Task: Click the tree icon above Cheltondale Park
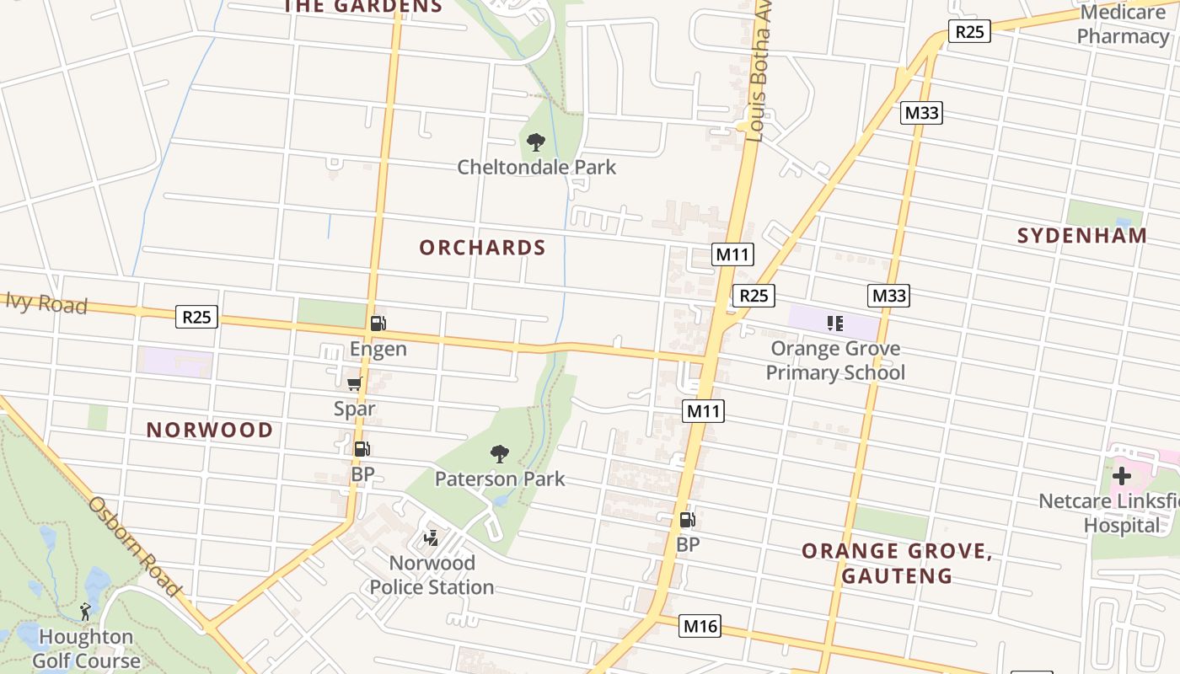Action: coord(535,142)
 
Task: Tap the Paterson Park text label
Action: coord(500,479)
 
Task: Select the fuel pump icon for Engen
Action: coord(378,323)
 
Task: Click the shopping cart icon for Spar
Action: coord(355,384)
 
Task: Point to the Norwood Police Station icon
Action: coord(432,538)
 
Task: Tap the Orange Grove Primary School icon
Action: coord(835,324)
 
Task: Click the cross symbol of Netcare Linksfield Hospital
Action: coord(1121,476)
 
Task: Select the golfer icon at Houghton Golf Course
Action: coord(85,612)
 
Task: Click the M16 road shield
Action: coord(700,626)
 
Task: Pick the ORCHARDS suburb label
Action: coord(483,248)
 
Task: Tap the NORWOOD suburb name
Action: coord(210,430)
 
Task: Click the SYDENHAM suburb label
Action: coord(1082,236)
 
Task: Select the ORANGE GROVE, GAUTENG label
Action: coord(897,563)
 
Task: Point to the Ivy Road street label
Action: coord(46,303)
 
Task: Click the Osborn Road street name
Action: coord(136,547)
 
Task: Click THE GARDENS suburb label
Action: coord(362,7)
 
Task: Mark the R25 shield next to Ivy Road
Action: coord(197,317)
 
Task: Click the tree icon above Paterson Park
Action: coord(500,454)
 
